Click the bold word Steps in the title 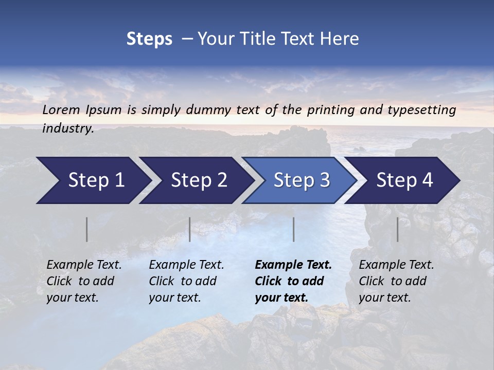[x=149, y=39]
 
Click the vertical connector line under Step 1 [x=87, y=229]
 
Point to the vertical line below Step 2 [x=190, y=229]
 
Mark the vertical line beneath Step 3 [x=294, y=229]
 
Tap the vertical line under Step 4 [x=397, y=229]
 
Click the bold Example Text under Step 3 [x=293, y=281]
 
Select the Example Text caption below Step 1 [x=84, y=281]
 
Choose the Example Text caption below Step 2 [x=186, y=281]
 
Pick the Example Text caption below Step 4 [x=396, y=281]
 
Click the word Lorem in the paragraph [x=61, y=109]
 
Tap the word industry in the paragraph [x=68, y=128]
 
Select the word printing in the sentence [x=329, y=109]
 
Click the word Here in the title [x=341, y=39]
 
